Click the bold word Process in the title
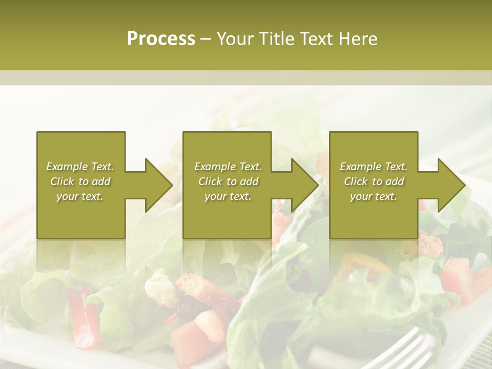pyautogui.click(x=161, y=39)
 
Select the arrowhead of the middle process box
pyautogui.click(x=304, y=185)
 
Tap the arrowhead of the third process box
pyautogui.click(x=451, y=185)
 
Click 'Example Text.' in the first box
pyautogui.click(x=80, y=167)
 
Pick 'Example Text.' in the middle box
pyautogui.click(x=228, y=167)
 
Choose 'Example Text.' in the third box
pyautogui.click(x=374, y=167)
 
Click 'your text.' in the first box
pyautogui.click(x=80, y=196)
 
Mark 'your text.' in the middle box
pyautogui.click(x=228, y=196)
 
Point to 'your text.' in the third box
pyautogui.click(x=373, y=196)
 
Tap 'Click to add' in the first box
pyautogui.click(x=80, y=181)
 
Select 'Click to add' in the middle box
pyautogui.click(x=228, y=181)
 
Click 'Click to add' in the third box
pyautogui.click(x=374, y=181)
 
